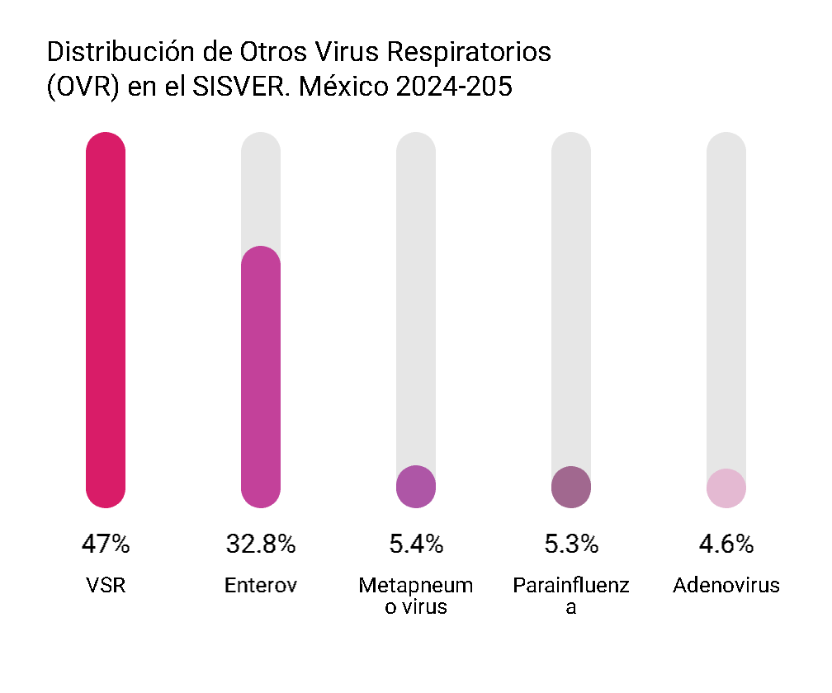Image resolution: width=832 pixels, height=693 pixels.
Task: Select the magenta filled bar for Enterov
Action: click(261, 376)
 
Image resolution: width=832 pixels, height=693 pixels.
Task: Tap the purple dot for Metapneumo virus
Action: click(416, 487)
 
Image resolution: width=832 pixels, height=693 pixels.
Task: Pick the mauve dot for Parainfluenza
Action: click(571, 487)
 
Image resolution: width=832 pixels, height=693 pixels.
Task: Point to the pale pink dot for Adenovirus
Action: click(726, 488)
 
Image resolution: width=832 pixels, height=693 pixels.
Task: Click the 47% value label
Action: click(106, 544)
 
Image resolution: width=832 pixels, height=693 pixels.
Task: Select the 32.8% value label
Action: click(261, 544)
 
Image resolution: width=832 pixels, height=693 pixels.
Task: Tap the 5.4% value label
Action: click(416, 544)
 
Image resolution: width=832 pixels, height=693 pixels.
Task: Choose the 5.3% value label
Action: click(571, 544)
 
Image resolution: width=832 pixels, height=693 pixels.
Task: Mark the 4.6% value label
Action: click(726, 544)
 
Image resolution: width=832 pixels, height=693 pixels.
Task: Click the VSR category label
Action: click(106, 586)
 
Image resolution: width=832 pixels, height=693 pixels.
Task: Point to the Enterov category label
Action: click(261, 586)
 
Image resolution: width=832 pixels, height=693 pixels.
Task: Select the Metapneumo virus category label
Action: click(416, 596)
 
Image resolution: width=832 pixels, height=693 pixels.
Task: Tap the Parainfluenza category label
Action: click(571, 596)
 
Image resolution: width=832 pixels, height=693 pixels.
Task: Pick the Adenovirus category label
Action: click(726, 586)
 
